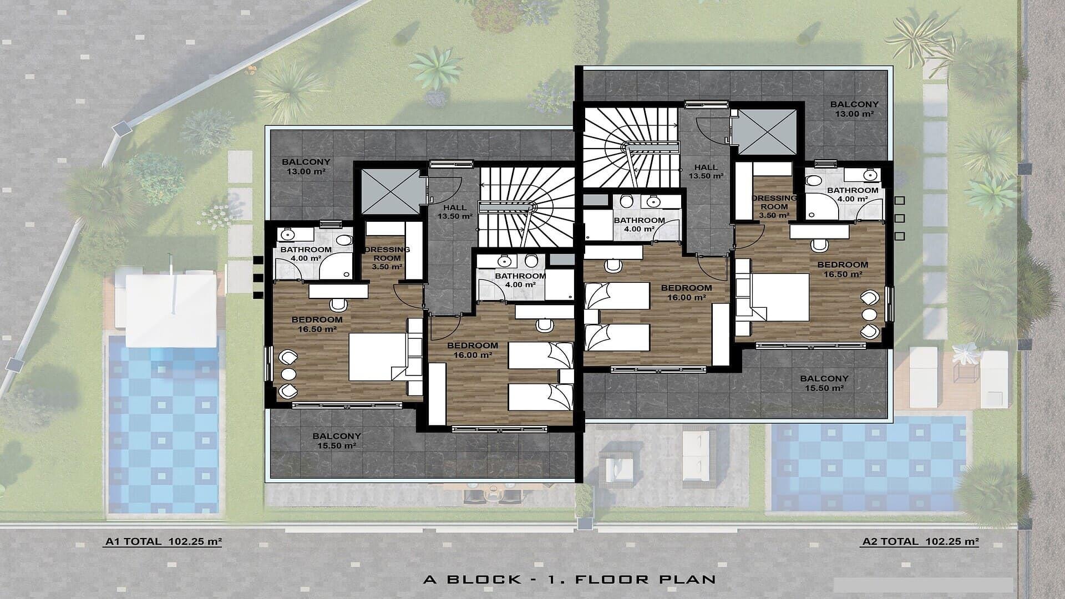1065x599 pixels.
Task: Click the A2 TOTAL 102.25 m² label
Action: (920, 542)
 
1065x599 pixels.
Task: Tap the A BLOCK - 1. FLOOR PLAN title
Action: (570, 580)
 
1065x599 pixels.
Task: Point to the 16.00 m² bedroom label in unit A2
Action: (686, 293)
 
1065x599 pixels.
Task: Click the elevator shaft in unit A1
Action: (391, 191)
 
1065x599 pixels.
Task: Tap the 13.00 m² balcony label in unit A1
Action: (306, 167)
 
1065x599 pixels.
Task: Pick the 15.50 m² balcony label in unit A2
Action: (824, 383)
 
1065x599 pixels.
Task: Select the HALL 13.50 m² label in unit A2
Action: (706, 171)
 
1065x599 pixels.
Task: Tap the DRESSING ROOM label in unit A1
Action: (387, 258)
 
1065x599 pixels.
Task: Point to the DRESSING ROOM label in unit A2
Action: (774, 206)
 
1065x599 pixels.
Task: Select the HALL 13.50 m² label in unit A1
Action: (455, 212)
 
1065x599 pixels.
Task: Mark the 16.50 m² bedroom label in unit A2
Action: (843, 269)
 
